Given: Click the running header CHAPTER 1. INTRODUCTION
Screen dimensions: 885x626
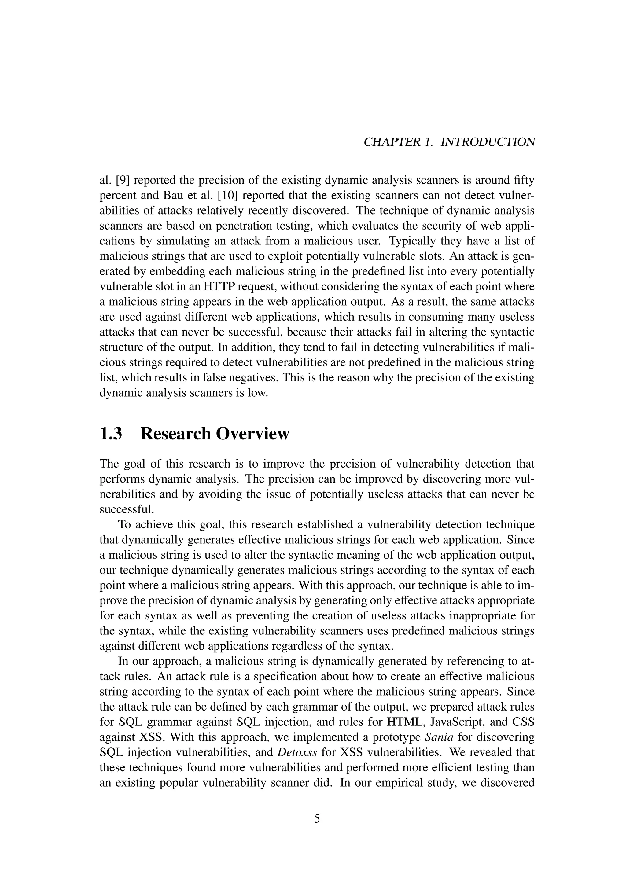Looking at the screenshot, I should [x=449, y=142].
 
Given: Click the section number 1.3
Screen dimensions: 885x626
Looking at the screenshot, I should [x=111, y=434].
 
